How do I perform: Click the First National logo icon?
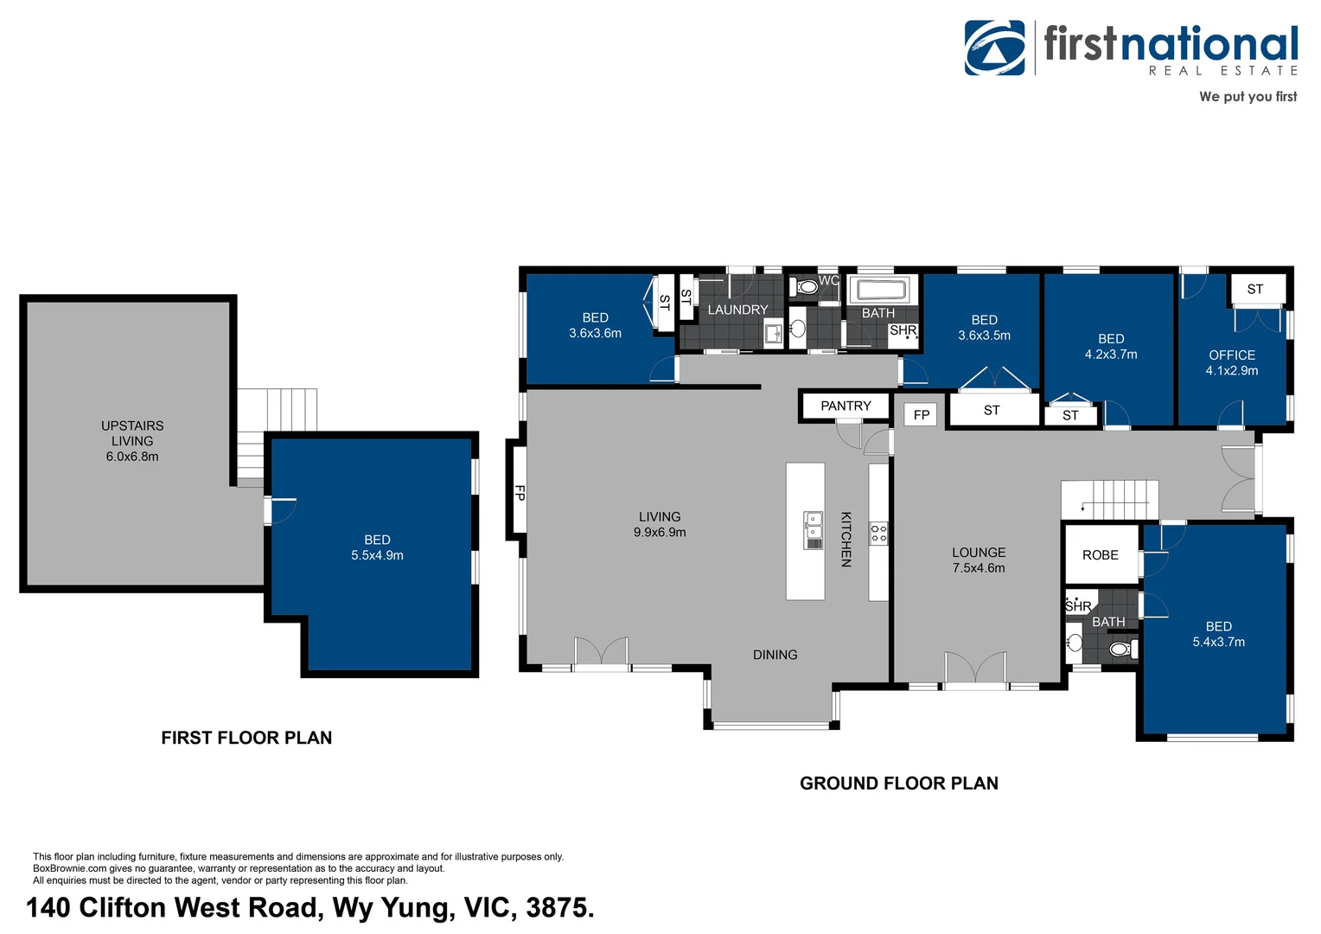(995, 48)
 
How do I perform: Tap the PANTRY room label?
(846, 406)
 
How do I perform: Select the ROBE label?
(1100, 555)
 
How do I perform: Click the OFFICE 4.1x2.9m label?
(1232, 362)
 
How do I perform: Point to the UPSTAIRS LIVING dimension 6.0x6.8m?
(132, 457)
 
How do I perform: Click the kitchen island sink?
(813, 530)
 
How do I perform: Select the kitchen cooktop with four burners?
(878, 533)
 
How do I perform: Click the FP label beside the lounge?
(922, 415)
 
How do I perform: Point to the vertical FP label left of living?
(520, 493)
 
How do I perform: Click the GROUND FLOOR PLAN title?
(898, 784)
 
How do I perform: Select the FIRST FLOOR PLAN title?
(246, 738)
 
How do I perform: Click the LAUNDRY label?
(737, 310)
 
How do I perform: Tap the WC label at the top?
(828, 280)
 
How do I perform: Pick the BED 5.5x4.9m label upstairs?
(377, 547)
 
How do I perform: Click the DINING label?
(775, 655)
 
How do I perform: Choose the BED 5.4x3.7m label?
(1218, 634)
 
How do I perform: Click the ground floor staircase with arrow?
(1109, 500)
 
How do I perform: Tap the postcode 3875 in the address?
(558, 907)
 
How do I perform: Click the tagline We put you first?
(1248, 97)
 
